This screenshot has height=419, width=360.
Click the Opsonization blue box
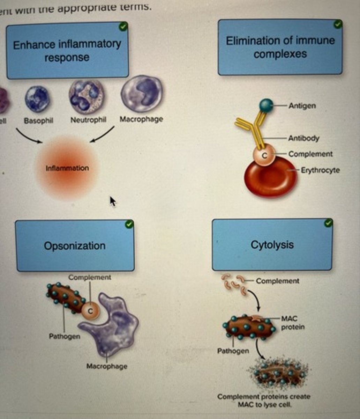coord(75,246)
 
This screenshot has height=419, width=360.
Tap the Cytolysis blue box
coord(272,245)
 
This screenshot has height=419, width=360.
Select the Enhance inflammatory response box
coord(67,51)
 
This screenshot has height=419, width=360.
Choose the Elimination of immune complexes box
coord(280,47)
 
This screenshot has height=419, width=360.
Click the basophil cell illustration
coord(37,99)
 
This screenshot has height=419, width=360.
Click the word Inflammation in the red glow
coord(67,168)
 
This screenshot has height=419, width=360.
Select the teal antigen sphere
coord(267,105)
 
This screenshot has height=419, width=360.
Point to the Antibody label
coord(303,138)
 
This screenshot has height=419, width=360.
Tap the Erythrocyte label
coord(320,170)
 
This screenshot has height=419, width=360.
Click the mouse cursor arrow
coord(113,201)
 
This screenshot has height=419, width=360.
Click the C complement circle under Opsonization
coord(90,311)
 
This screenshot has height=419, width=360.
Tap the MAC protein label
coord(292,323)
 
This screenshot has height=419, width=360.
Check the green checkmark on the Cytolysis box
coord(328,223)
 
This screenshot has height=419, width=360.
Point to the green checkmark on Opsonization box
coord(129,224)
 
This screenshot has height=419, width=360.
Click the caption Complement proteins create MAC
coord(264,400)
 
